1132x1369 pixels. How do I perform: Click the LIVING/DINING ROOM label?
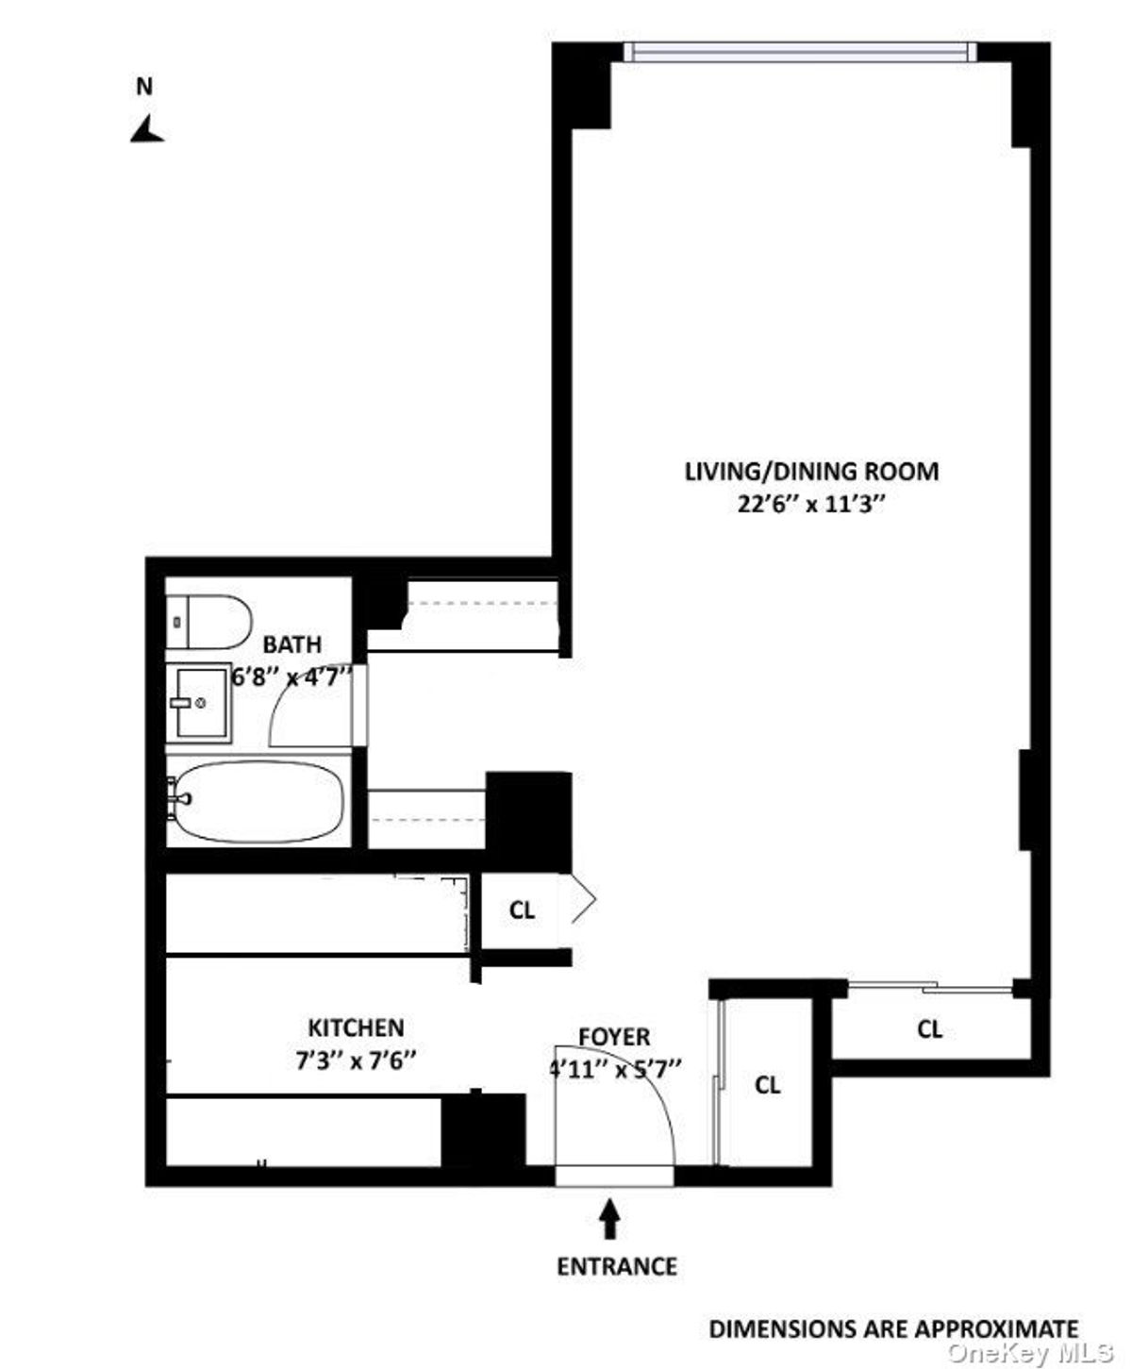(811, 472)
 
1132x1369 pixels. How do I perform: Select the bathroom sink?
(199, 703)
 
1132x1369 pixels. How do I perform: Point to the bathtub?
(256, 802)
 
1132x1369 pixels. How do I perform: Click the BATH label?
(291, 644)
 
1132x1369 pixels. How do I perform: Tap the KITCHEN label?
(356, 1027)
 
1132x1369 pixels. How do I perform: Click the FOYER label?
(614, 1037)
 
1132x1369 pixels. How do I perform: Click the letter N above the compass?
(144, 86)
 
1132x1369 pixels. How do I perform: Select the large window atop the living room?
(800, 53)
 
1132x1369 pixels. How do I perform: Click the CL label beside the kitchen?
(522, 910)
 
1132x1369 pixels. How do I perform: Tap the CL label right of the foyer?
(768, 1085)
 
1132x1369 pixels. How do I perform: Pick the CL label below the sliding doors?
(929, 1029)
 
